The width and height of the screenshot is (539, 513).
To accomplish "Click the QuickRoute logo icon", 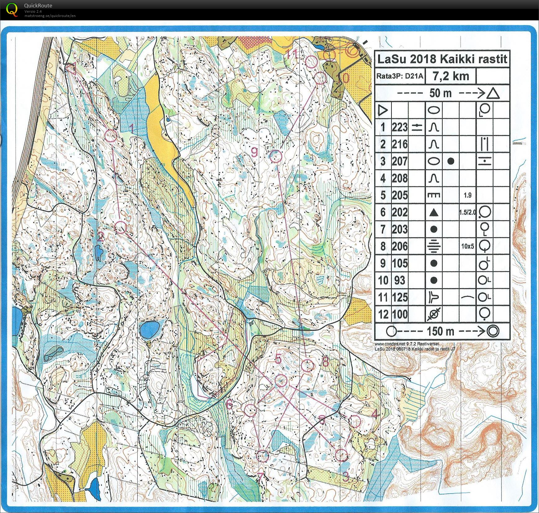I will pos(12,9).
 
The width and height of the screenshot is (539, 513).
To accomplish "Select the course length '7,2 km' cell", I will pos(450,76).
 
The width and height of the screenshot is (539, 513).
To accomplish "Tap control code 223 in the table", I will pos(400,127).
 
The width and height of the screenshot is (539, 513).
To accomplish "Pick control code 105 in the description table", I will pos(400,263).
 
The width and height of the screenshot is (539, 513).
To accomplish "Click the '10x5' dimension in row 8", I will pos(467,246).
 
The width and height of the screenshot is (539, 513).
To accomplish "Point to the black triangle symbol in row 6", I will pos(434,212).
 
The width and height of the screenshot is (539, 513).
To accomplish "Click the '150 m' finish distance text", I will pos(440,331).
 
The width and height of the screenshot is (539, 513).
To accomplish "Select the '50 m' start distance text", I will pos(440,93).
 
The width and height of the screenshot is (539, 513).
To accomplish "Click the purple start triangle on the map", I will pos(72,68).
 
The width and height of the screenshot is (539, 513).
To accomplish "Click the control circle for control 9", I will pos(275,156).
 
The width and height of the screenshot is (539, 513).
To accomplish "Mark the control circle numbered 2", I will pos(121,228).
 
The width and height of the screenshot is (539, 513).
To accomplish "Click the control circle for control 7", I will pos(263,456).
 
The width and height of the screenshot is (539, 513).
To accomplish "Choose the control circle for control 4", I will pos(355,421).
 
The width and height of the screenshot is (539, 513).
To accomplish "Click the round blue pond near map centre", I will pos(149,330).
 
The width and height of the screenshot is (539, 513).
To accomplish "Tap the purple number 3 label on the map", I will pos(346,477).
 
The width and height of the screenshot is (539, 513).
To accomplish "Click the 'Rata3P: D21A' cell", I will pos(400,76).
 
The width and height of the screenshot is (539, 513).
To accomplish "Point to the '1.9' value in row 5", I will pos(467,195).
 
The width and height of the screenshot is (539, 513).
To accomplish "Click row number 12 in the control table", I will pos(383,315).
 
